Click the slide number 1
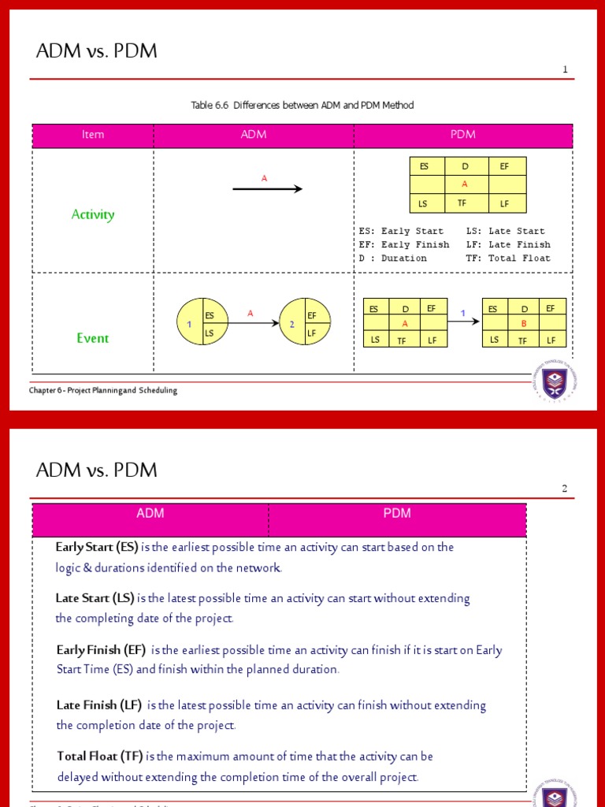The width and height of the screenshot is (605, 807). pyautogui.click(x=565, y=70)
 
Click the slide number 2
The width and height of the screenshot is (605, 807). pyautogui.click(x=565, y=489)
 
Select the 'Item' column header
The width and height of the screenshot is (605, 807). pyautogui.click(x=93, y=135)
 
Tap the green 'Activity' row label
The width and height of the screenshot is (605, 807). pyautogui.click(x=93, y=214)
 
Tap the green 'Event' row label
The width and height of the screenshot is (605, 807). pyautogui.click(x=93, y=338)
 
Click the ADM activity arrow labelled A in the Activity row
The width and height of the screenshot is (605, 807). pyautogui.click(x=267, y=188)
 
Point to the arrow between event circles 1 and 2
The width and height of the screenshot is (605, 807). pyautogui.click(x=252, y=323)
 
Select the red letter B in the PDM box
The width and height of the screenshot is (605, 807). pyautogui.click(x=524, y=323)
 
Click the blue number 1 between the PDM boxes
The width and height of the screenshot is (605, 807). pyautogui.click(x=463, y=314)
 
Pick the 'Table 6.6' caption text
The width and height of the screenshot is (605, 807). pyautogui.click(x=302, y=106)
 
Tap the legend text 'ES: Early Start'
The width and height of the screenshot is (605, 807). pyautogui.click(x=401, y=232)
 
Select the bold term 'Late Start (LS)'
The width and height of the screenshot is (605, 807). pyautogui.click(x=95, y=598)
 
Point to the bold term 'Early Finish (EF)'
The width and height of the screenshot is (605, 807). pyautogui.click(x=101, y=650)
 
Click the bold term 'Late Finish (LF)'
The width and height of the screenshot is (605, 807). pyautogui.click(x=99, y=705)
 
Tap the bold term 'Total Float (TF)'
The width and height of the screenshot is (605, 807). pyautogui.click(x=100, y=757)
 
